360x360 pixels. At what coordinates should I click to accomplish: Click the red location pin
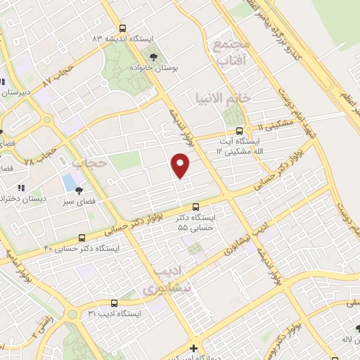pyautogui.click(x=181, y=165)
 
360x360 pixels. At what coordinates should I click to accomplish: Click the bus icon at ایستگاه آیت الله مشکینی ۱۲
pyautogui.click(x=239, y=130)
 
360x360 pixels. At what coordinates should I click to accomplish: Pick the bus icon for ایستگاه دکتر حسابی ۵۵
pyautogui.click(x=195, y=207)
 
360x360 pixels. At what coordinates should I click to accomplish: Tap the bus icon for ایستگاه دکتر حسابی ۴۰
pyautogui.click(x=83, y=238)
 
